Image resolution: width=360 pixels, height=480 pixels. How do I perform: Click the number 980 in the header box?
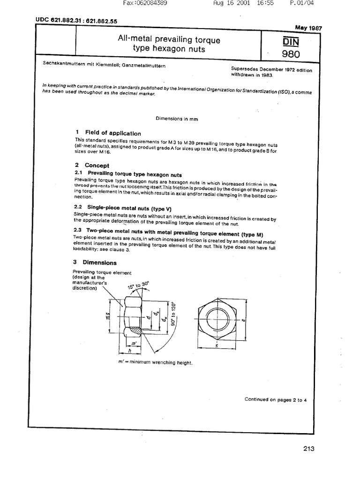pyautogui.click(x=291, y=54)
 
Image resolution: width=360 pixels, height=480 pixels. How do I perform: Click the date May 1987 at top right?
pyautogui.click(x=306, y=27)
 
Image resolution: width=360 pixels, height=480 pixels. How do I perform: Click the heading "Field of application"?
pyautogui.click(x=112, y=133)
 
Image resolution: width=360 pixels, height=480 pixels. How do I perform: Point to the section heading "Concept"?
pyautogui.click(x=97, y=165)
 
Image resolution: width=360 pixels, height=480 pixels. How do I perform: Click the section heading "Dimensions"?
pyautogui.click(x=100, y=262)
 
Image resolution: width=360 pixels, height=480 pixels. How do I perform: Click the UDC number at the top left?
pyautogui.click(x=76, y=20)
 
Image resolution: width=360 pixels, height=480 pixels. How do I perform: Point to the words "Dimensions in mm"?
pyautogui.click(x=180, y=119)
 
